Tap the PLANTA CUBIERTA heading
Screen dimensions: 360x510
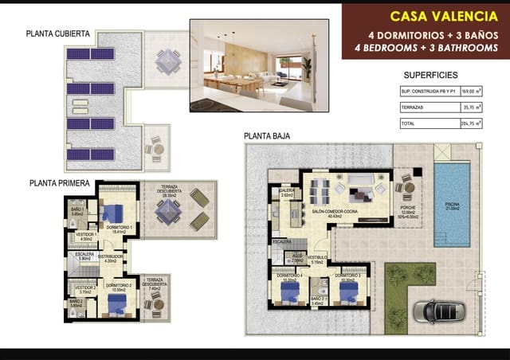(x=58, y=33)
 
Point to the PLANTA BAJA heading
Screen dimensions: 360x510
(x=267, y=136)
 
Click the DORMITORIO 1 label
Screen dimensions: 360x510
(x=118, y=228)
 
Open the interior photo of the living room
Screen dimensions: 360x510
(x=259, y=65)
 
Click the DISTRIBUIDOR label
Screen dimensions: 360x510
(x=111, y=256)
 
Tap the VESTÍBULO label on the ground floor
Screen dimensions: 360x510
(x=318, y=258)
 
